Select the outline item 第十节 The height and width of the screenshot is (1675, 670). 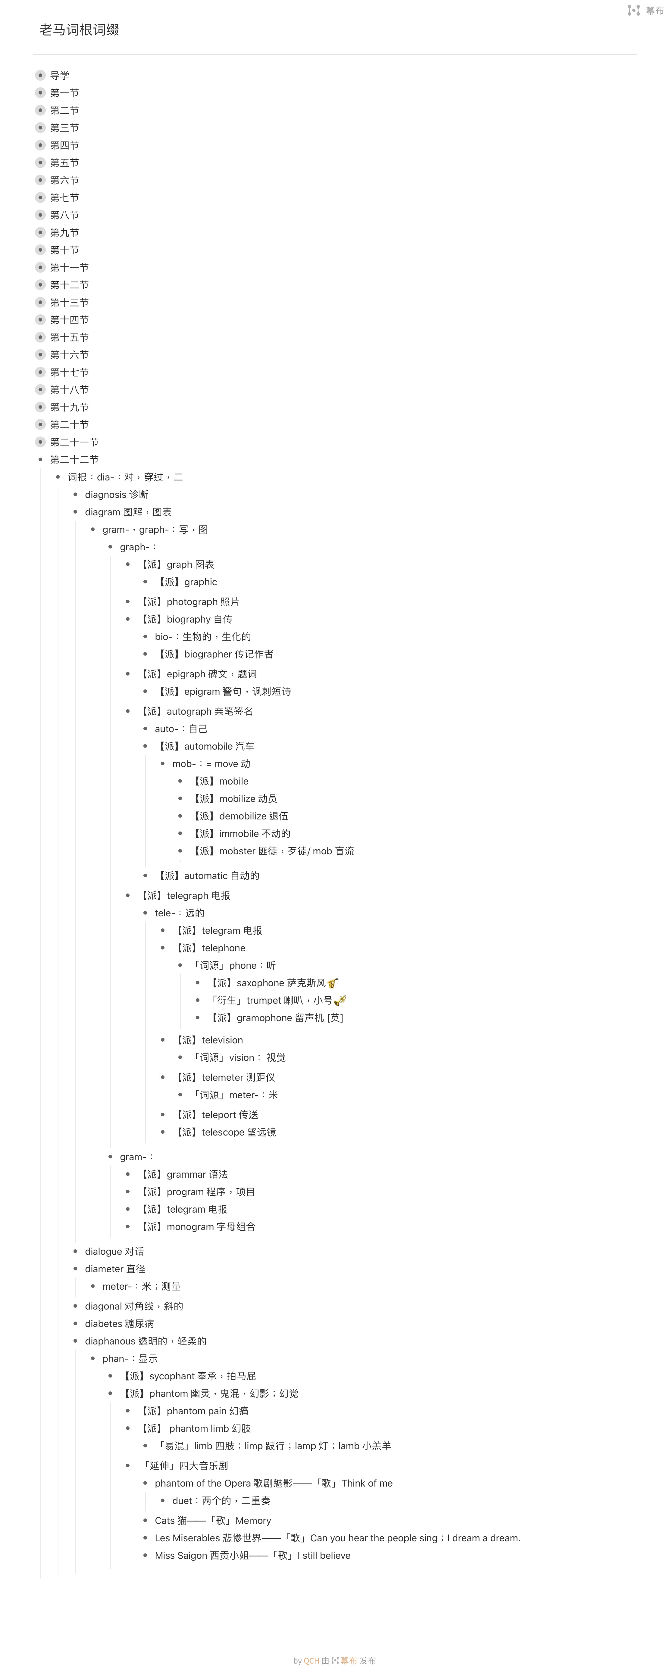tap(64, 250)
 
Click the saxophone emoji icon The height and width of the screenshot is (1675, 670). tap(333, 983)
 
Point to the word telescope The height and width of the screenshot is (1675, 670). tap(223, 1132)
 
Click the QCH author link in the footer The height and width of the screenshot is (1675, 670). tap(312, 1660)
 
